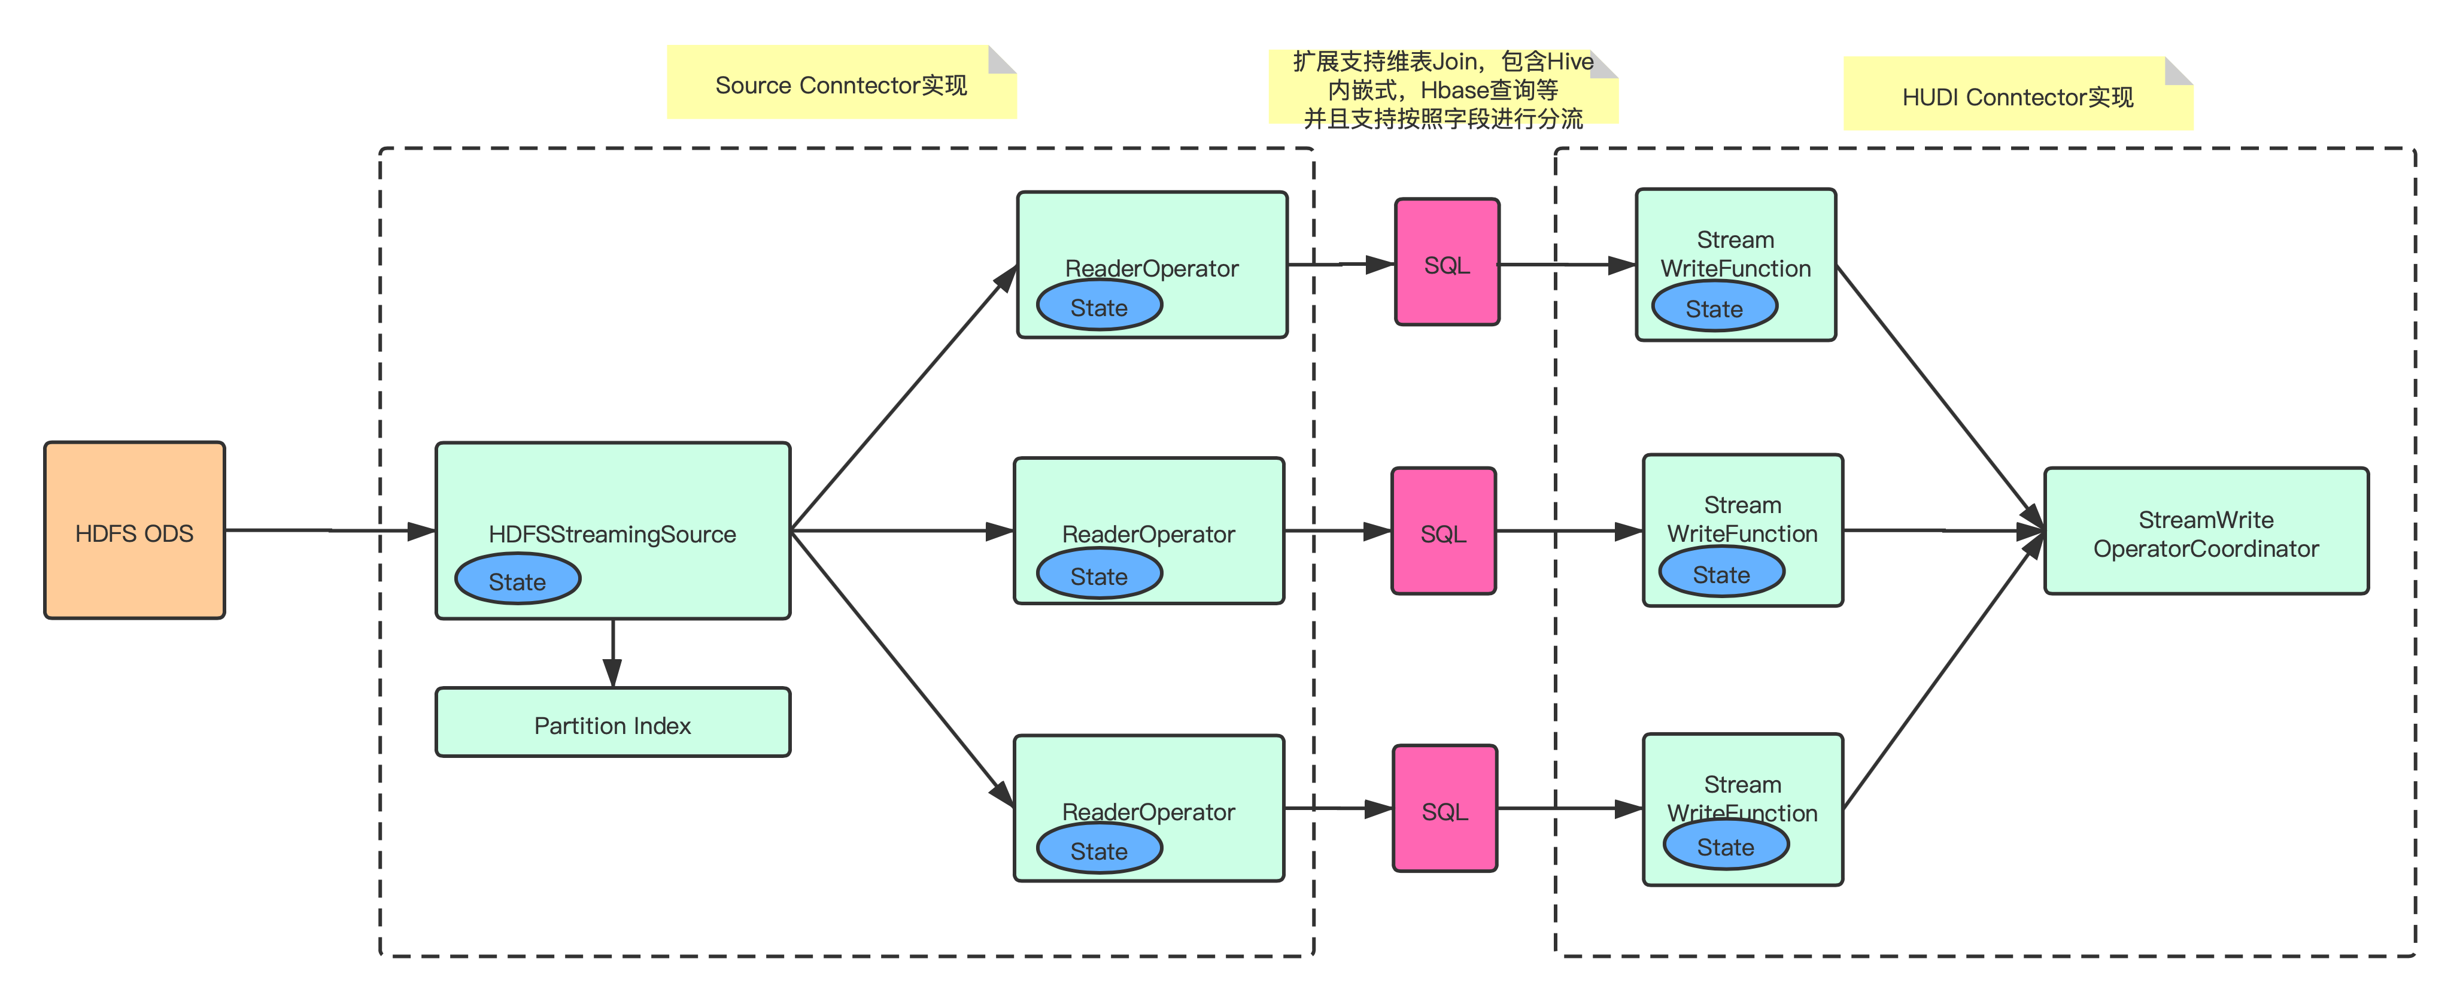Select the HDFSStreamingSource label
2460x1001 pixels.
(x=612, y=534)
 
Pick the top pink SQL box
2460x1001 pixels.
(x=1447, y=263)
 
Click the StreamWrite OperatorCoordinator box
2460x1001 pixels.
(x=2206, y=532)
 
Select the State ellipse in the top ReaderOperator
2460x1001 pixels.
(x=1099, y=307)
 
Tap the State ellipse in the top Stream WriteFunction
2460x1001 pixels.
(x=1714, y=308)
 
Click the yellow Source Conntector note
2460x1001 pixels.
(x=840, y=84)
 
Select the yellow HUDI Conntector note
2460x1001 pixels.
(x=2017, y=96)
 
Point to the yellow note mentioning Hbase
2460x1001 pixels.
(x=1442, y=88)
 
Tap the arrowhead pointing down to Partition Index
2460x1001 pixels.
(x=613, y=674)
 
